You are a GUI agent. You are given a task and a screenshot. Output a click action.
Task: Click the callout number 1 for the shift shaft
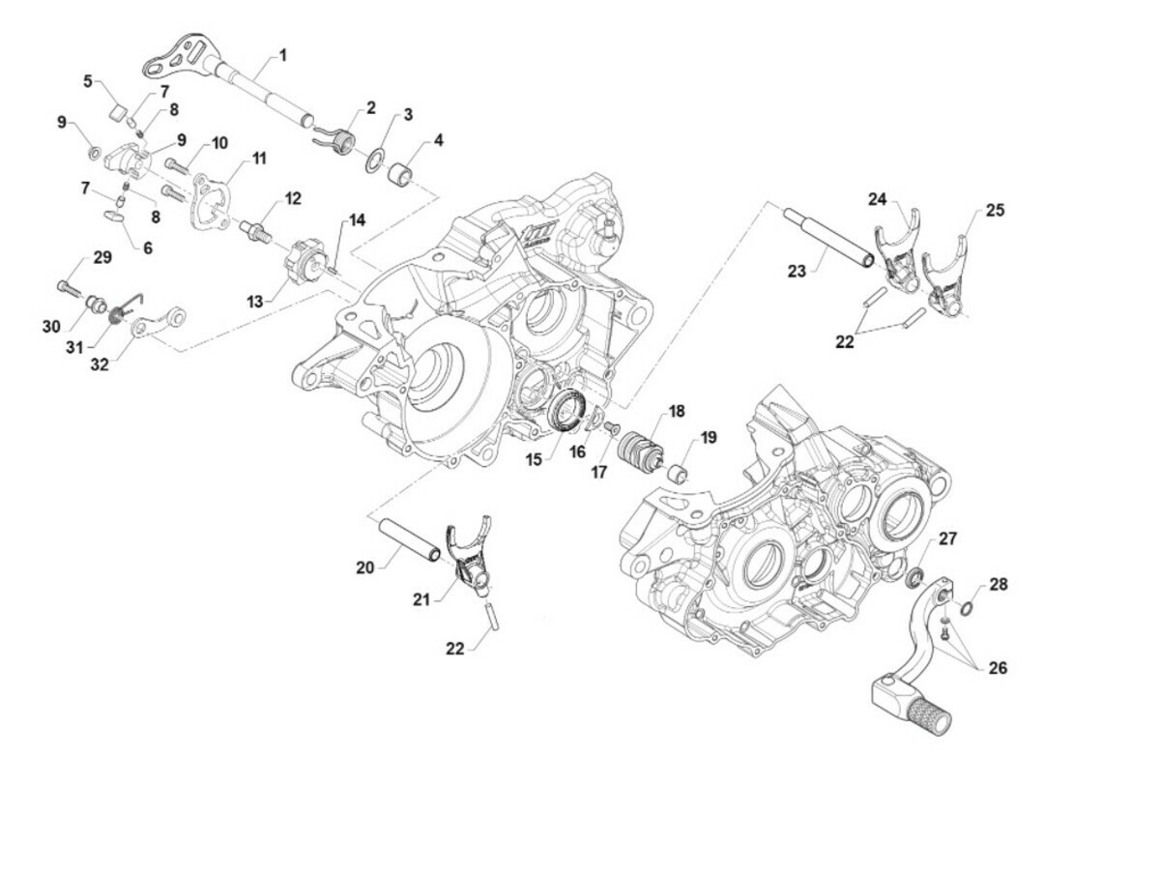(282, 55)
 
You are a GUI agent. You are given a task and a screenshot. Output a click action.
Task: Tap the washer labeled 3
(375, 159)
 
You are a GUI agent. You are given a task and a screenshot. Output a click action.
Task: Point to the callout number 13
(254, 303)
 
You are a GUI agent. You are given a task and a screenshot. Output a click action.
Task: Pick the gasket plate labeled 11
(211, 202)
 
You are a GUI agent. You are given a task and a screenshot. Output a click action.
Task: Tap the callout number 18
(676, 412)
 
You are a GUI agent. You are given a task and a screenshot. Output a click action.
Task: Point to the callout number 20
(364, 568)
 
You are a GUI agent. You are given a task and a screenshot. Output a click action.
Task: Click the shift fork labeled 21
(469, 559)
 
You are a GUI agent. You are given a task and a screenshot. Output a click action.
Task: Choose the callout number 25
(995, 210)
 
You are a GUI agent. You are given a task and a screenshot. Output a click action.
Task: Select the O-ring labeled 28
(971, 605)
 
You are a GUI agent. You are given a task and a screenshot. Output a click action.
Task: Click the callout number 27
(947, 538)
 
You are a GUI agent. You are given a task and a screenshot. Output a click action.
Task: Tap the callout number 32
(100, 363)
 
